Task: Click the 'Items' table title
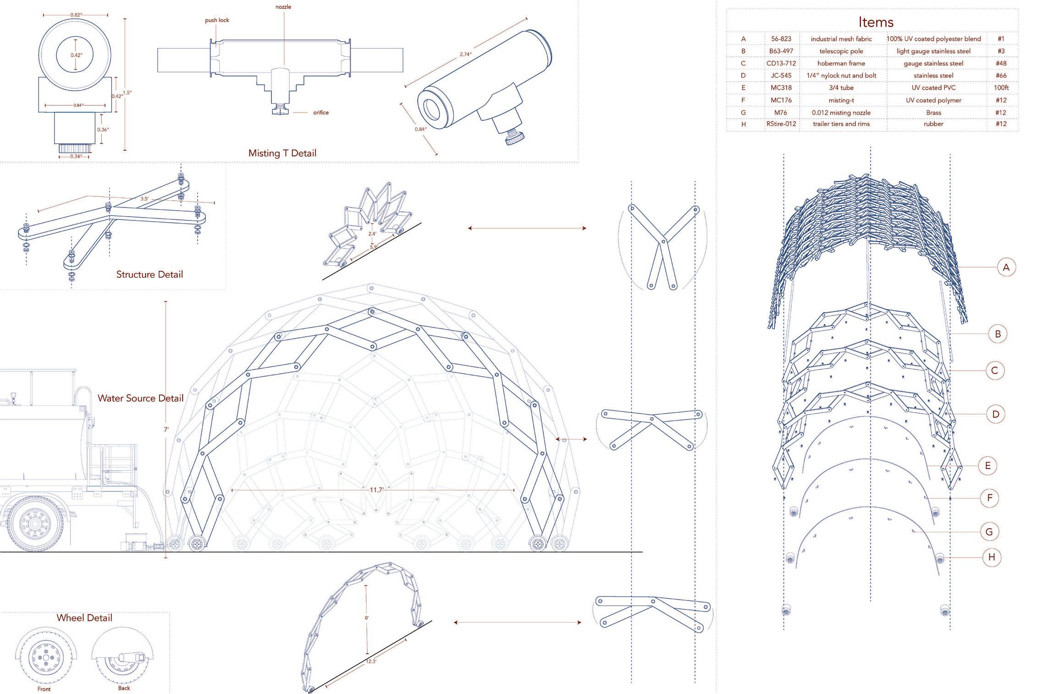coord(876,22)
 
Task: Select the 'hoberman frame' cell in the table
coord(841,63)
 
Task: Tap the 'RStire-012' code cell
coord(781,124)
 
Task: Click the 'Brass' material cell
coord(933,113)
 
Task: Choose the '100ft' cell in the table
coord(1001,87)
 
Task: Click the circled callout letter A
coord(1006,268)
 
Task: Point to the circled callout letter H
coord(992,557)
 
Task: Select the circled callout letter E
coord(987,466)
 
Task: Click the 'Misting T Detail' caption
coord(282,153)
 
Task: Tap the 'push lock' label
coord(217,20)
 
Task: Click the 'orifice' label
coord(321,113)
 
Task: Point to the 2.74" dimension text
coord(465,55)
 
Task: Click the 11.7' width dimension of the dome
coord(376,490)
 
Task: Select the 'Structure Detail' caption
coord(149,274)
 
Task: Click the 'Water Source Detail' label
coord(140,398)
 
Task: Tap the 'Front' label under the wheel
coord(44,689)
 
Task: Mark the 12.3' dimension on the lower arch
coord(370,661)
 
